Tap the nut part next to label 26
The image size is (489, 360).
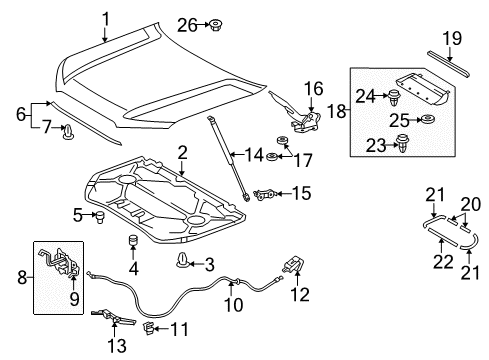pos(216,23)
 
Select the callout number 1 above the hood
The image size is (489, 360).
pos(106,16)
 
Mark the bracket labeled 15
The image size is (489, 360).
pos(267,193)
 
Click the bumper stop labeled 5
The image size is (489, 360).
pos(99,216)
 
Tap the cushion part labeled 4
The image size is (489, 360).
pos(130,244)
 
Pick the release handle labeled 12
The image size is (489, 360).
pos(292,263)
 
